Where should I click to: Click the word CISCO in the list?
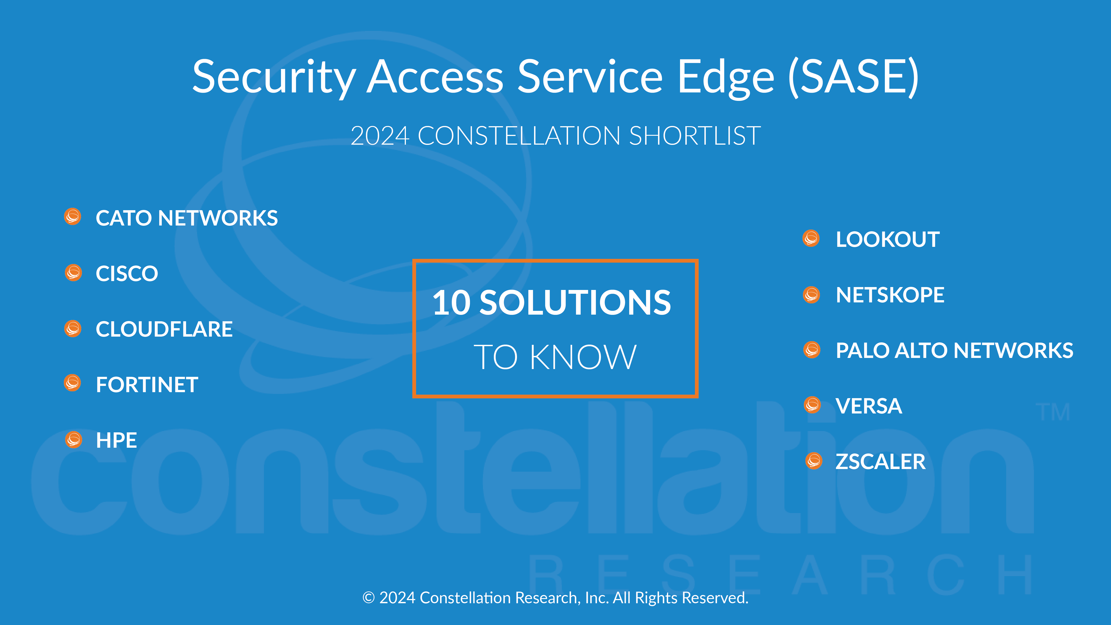click(x=127, y=274)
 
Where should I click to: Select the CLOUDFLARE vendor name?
click(x=164, y=329)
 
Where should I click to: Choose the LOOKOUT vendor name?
click(x=888, y=239)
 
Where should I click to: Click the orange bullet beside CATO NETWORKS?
click(x=72, y=217)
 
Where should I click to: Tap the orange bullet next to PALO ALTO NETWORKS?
click(x=812, y=350)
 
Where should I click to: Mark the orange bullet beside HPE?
click(x=73, y=439)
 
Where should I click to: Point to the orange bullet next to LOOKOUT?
click(x=811, y=238)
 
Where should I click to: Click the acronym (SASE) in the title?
click(x=853, y=77)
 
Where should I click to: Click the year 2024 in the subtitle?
click(x=379, y=136)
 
